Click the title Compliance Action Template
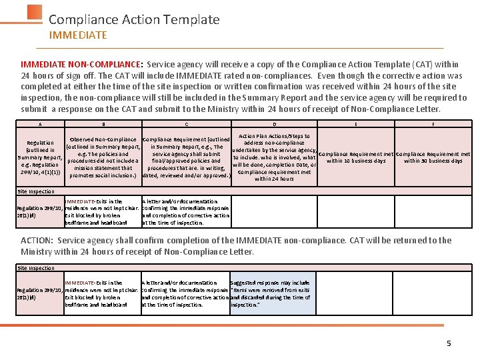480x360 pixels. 134,20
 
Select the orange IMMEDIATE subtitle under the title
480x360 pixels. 77,35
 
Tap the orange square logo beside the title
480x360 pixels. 35,14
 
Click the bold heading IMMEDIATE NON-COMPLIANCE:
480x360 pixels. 81,65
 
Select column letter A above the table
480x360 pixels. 40,124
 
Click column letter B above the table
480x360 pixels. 103,124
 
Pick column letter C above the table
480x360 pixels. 187,124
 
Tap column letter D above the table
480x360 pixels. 274,124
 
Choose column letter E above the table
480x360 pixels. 356,124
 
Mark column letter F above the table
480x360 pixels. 433,124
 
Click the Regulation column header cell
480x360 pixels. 40,157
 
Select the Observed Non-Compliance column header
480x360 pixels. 103,157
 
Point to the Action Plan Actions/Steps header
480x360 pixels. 274,157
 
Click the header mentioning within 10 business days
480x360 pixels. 356,157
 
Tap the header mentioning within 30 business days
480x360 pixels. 433,157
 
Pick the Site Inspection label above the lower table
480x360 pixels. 36,268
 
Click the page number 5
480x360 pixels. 449,343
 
